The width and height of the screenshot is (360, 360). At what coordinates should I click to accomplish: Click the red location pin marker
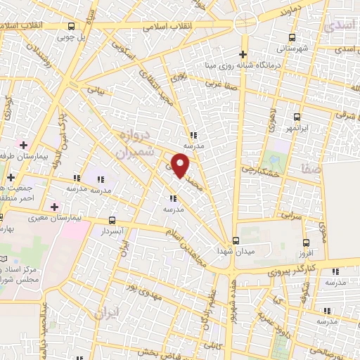pos(182,165)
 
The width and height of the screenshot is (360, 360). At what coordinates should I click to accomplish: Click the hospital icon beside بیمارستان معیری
pos(55,206)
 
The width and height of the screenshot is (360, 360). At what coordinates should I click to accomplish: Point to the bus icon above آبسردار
pos(112,220)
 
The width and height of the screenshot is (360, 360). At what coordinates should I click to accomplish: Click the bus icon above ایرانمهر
pos(297,117)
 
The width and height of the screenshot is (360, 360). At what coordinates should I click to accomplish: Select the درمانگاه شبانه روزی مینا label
pos(243,65)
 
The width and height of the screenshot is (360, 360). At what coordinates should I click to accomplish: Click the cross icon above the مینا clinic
pos(243,54)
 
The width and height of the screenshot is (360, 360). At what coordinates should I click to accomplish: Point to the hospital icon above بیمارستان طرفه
pos(24,144)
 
